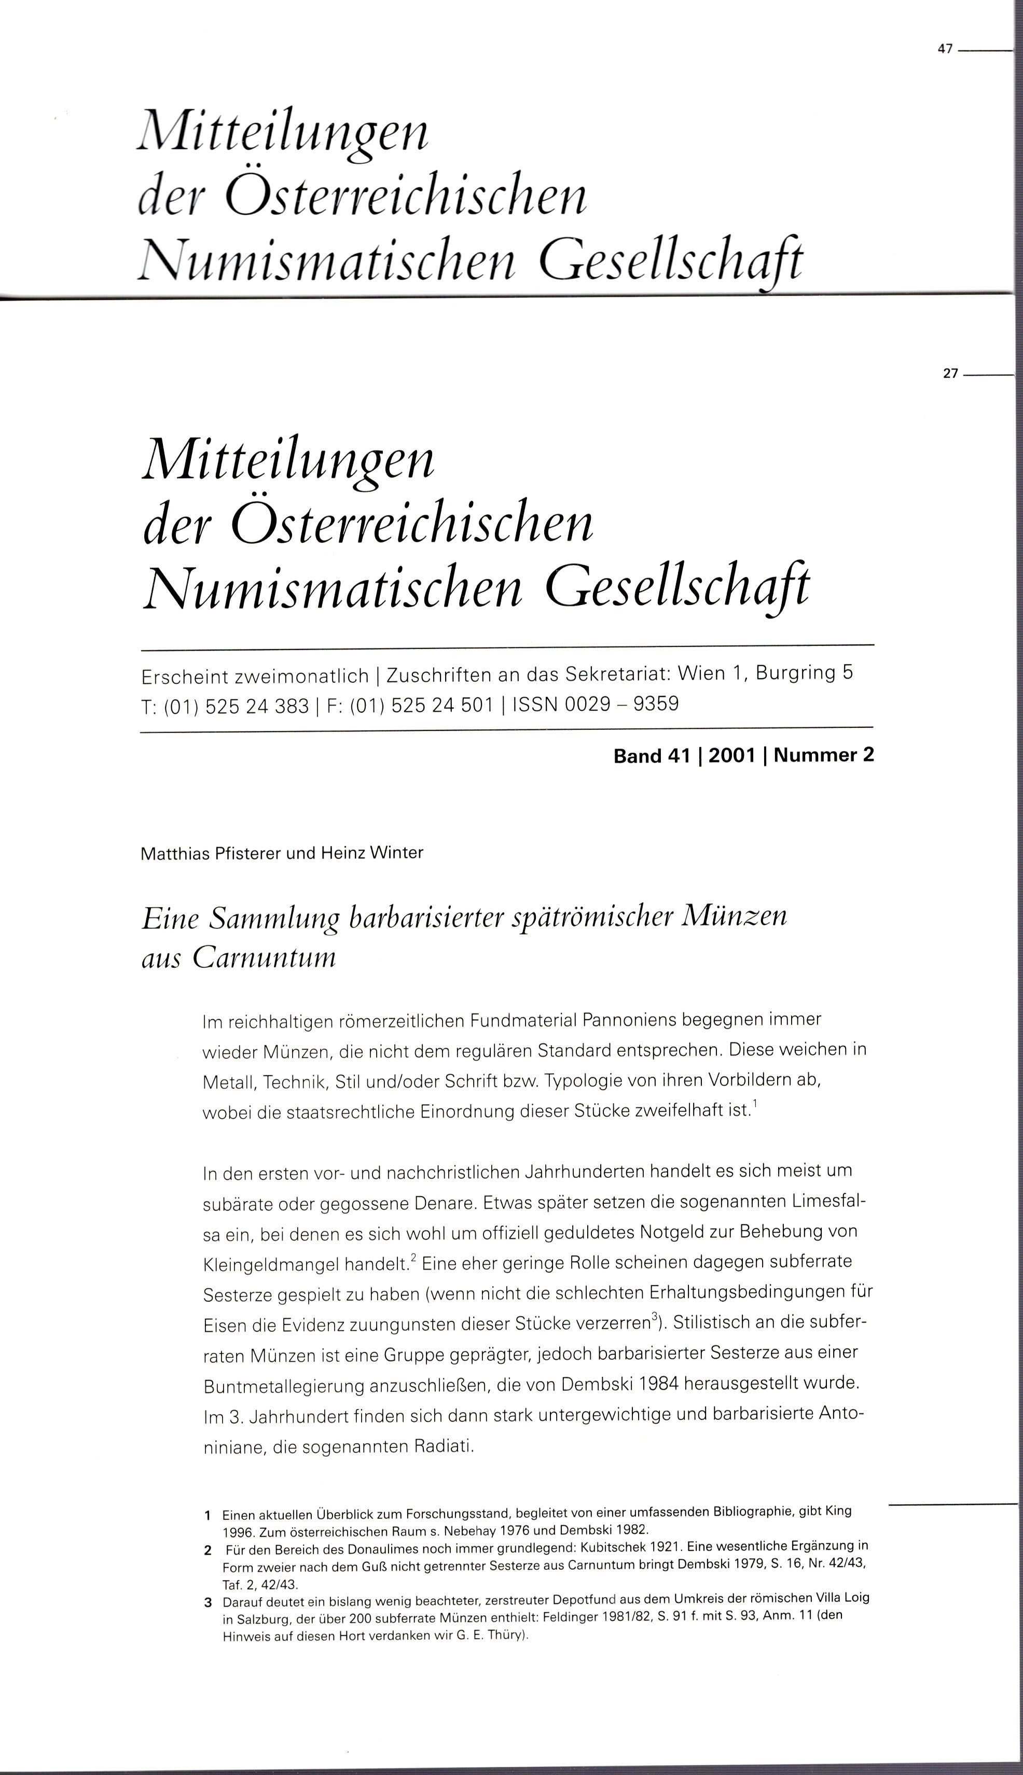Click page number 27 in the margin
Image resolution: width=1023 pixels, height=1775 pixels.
pyautogui.click(x=950, y=374)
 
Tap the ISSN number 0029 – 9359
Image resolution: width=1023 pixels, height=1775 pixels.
pyautogui.click(x=634, y=703)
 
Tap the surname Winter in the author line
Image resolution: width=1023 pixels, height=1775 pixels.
pyautogui.click(x=398, y=854)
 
